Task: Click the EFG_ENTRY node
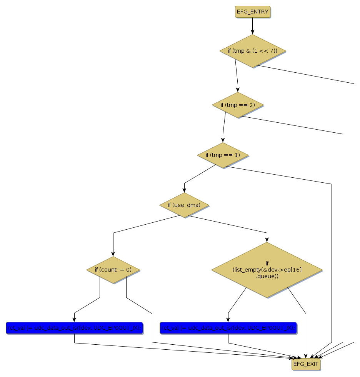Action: pyautogui.click(x=252, y=12)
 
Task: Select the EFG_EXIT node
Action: pyautogui.click(x=306, y=364)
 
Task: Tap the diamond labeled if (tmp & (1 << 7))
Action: pyautogui.click(x=252, y=51)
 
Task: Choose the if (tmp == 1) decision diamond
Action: pyautogui.click(x=222, y=155)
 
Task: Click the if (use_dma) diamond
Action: pyautogui.click(x=184, y=205)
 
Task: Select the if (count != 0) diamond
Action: pyautogui.click(x=113, y=270)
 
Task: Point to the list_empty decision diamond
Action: pyautogui.click(x=267, y=270)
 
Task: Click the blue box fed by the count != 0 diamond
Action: pyautogui.click(x=74, y=328)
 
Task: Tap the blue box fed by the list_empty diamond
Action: pyautogui.click(x=228, y=328)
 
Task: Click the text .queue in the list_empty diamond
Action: pyautogui.click(x=267, y=276)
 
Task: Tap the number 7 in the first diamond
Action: pyautogui.click(x=270, y=51)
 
